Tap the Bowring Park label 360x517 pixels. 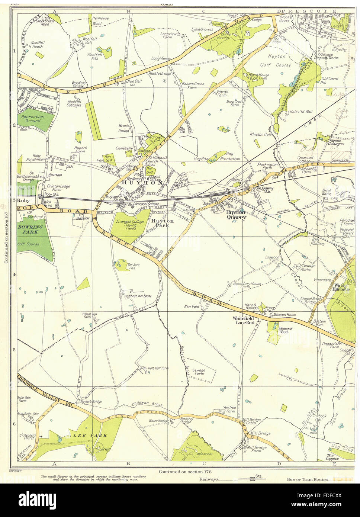[x=30, y=229]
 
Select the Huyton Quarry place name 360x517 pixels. [x=236, y=215]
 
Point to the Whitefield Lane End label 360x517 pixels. [x=244, y=321]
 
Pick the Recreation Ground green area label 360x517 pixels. [x=33, y=119]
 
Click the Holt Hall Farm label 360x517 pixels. [x=158, y=368]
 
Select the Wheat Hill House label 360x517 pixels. [x=139, y=296]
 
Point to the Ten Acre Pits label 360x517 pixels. [x=133, y=266]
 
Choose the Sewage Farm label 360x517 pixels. [x=199, y=372]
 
